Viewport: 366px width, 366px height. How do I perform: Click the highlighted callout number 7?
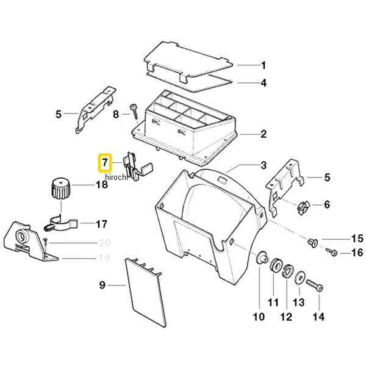click(x=105, y=162)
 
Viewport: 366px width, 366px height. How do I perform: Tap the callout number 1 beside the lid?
click(x=264, y=65)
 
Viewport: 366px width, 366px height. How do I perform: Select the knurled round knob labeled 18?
click(x=60, y=188)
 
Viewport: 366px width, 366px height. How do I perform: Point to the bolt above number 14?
click(x=315, y=285)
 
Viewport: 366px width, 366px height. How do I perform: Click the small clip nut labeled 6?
click(x=303, y=207)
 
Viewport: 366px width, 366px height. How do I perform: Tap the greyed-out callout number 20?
click(x=104, y=243)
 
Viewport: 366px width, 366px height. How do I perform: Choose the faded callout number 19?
click(x=104, y=258)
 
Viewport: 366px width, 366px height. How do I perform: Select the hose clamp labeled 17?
click(x=60, y=223)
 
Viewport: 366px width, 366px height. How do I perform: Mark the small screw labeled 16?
click(x=331, y=251)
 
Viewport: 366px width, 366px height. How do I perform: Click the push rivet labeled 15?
click(x=312, y=243)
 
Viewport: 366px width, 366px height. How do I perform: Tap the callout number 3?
click(x=264, y=165)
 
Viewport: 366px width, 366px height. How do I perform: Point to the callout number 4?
click(x=264, y=83)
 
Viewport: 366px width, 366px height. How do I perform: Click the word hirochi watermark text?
click(x=117, y=178)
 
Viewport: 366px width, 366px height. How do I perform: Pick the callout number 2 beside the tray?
click(x=264, y=134)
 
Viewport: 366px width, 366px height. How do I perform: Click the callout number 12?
click(x=286, y=317)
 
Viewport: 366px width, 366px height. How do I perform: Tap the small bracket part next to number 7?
click(x=137, y=166)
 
